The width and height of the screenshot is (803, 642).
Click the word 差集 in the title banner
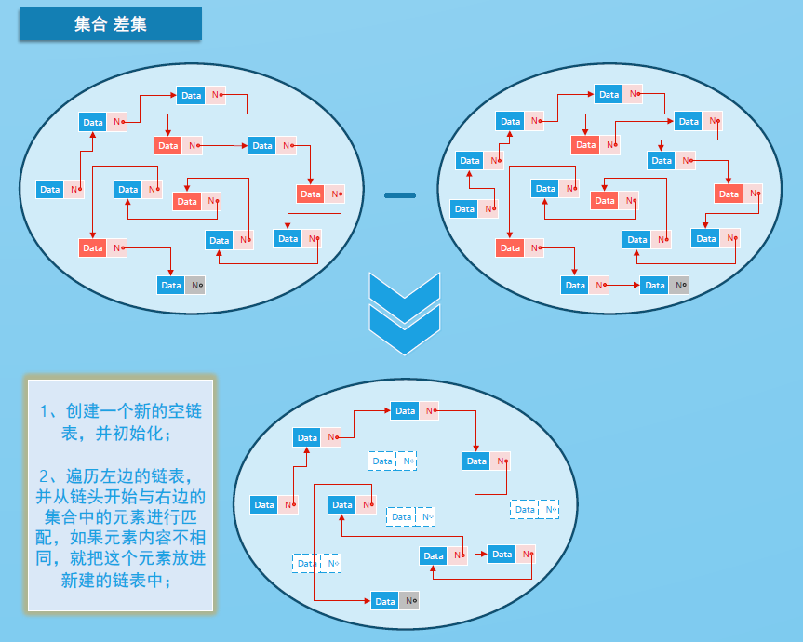click(x=131, y=25)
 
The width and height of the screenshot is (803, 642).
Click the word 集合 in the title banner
click(x=91, y=25)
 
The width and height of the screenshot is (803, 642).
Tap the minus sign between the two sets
click(x=400, y=194)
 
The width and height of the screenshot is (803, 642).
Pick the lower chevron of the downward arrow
click(x=403, y=331)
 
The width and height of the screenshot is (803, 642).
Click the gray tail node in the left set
click(x=181, y=285)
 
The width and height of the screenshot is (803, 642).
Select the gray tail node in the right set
click(x=665, y=285)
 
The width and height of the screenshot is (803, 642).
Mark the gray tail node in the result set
click(x=395, y=601)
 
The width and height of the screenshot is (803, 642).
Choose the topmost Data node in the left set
click(x=201, y=95)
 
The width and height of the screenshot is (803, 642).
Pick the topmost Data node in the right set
click(x=619, y=94)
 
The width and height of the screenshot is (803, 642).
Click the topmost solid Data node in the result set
click(x=415, y=410)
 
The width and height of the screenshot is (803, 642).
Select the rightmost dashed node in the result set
click(x=535, y=509)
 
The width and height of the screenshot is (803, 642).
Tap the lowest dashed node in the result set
click(x=317, y=563)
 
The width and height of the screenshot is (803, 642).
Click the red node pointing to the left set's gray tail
click(x=103, y=247)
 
